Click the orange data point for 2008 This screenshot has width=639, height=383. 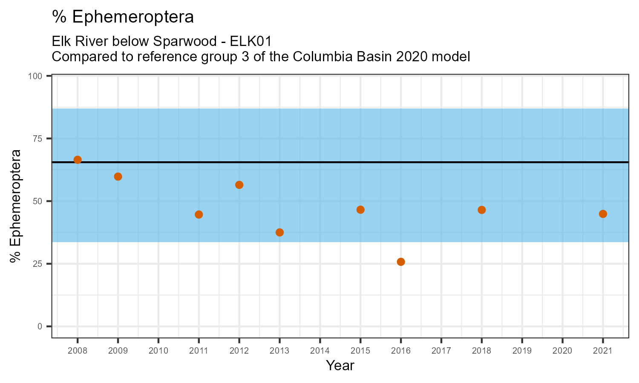click(x=78, y=160)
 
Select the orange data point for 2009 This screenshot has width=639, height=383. click(x=118, y=177)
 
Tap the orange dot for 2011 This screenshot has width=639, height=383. click(x=199, y=214)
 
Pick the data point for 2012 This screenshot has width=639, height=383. click(x=239, y=185)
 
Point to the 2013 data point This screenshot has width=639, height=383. click(x=279, y=232)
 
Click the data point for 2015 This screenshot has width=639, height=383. click(x=360, y=210)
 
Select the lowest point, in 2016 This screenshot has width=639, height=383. click(x=401, y=262)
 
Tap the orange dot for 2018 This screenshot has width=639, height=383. click(x=482, y=210)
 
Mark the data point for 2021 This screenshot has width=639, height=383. click(x=603, y=214)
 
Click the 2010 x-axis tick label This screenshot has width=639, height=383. click(x=158, y=351)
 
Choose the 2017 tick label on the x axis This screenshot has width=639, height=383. click(x=441, y=351)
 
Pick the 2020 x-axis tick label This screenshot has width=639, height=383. click(x=562, y=351)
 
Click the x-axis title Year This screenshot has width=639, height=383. click(x=340, y=366)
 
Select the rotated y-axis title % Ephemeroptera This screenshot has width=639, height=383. click(x=16, y=206)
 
